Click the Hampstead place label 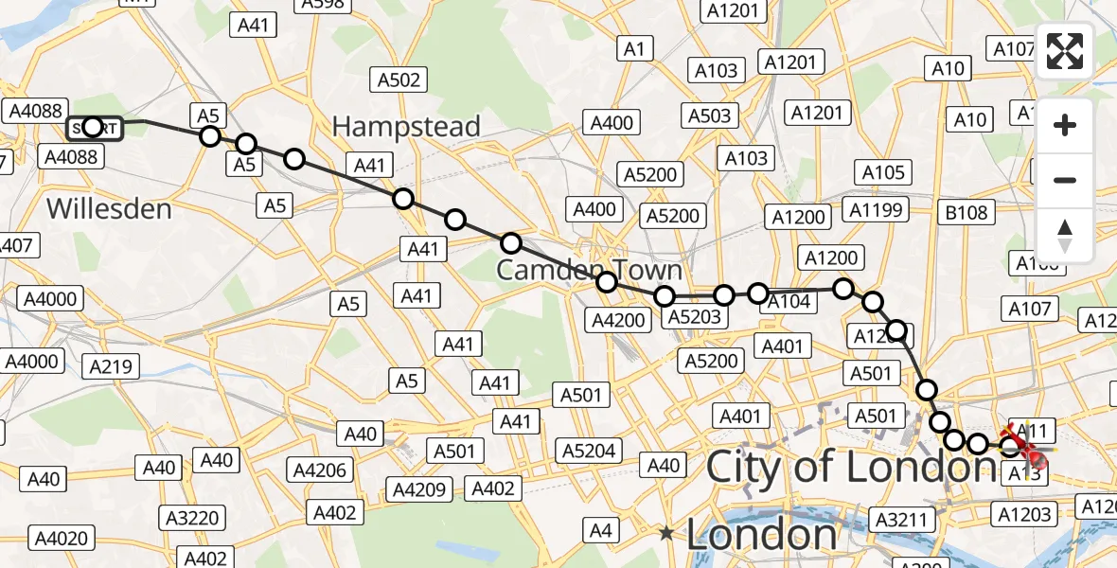click(406, 126)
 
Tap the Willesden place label click(109, 208)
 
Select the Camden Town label click(589, 270)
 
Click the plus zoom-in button click(1065, 125)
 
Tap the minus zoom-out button click(1065, 180)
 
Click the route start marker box click(95, 128)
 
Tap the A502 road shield click(398, 80)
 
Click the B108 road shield click(966, 213)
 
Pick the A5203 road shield click(694, 317)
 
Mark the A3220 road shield click(193, 518)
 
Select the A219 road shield click(112, 366)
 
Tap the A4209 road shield click(420, 489)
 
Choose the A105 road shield click(882, 172)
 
